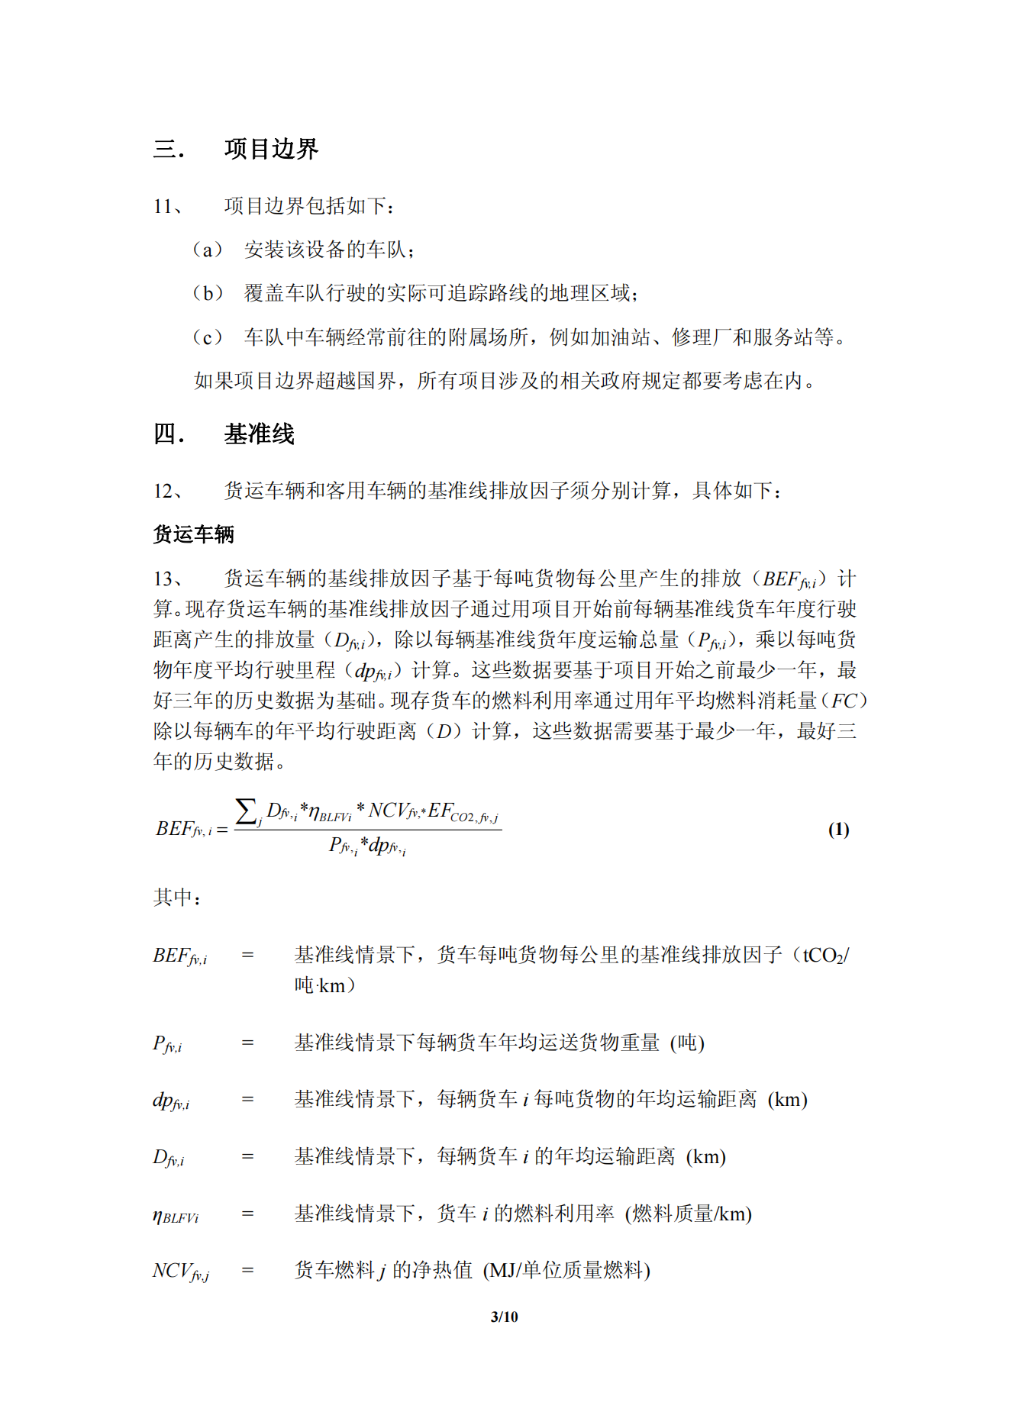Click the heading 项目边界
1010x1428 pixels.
(x=271, y=149)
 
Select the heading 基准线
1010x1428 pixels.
(x=259, y=434)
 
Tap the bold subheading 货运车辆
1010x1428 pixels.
(x=193, y=534)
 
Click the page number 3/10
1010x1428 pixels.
(x=504, y=1317)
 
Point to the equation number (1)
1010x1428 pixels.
(x=838, y=830)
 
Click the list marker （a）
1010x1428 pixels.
(x=207, y=250)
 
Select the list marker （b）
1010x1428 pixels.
(x=207, y=293)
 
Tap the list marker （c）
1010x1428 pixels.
(x=207, y=337)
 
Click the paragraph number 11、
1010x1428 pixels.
(x=168, y=206)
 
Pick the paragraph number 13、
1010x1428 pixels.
(x=168, y=579)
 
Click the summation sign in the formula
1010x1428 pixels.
(x=246, y=811)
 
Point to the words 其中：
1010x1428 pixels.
(x=177, y=897)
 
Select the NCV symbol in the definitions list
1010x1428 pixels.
(x=180, y=1271)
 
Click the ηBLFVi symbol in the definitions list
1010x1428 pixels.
(x=176, y=1215)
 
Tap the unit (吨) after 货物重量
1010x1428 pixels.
(x=687, y=1043)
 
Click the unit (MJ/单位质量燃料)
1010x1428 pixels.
(x=566, y=1271)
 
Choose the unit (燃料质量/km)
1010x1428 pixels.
(x=688, y=1214)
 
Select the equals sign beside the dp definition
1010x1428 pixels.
(x=247, y=1100)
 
